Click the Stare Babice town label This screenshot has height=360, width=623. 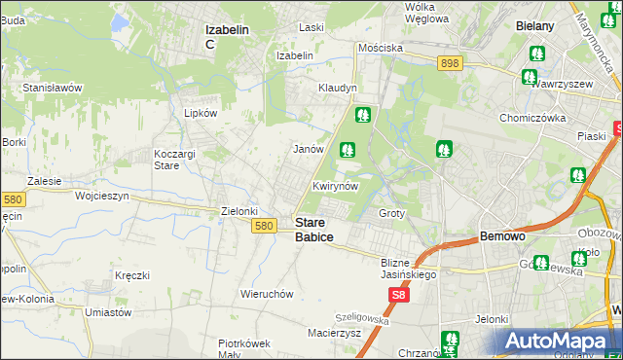pos(313,230)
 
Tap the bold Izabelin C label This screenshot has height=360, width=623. pos(228,36)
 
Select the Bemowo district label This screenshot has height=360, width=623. pos(503,236)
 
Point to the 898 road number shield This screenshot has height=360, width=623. pos(449,62)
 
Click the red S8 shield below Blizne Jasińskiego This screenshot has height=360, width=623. pos(397,294)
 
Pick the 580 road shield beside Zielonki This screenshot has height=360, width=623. pos(263,226)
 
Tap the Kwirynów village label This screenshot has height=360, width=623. pos(336,186)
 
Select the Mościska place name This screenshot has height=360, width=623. pos(380,47)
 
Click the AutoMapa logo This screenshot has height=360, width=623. pos(558,341)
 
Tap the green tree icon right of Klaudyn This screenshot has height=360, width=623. pos(363,114)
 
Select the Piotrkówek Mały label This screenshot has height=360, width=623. pos(243,348)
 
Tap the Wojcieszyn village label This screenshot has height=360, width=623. pos(102,196)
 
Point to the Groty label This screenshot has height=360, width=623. pos(391,212)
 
